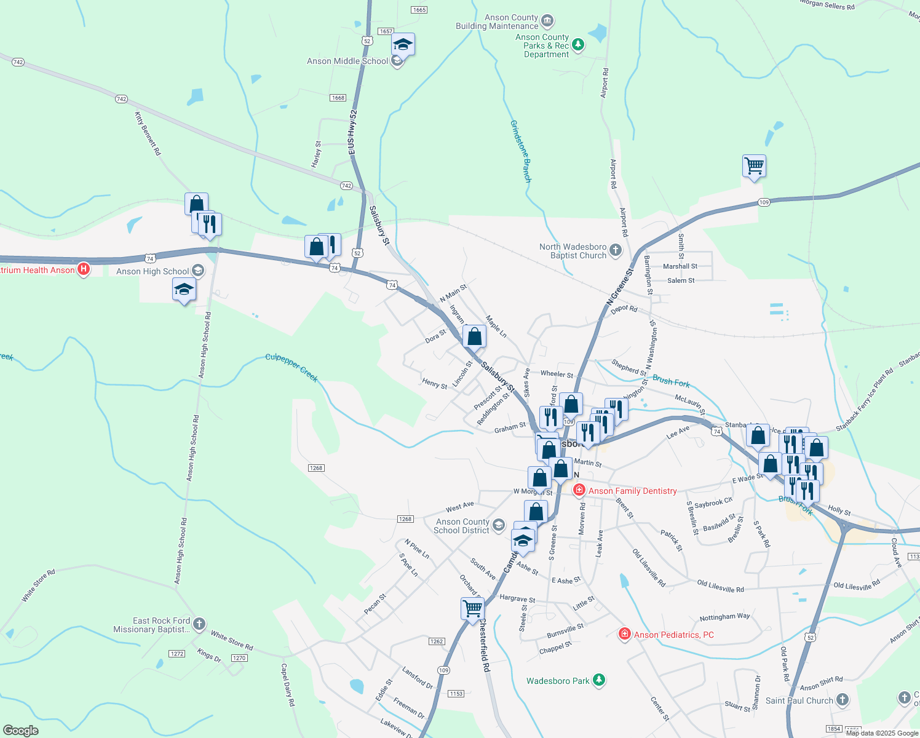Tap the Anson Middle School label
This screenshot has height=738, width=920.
(x=347, y=61)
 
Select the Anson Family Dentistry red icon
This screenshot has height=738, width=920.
(x=579, y=490)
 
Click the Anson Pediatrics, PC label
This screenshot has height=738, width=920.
(x=674, y=635)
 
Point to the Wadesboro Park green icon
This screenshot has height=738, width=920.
(x=600, y=680)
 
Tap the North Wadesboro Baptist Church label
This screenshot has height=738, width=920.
(x=573, y=251)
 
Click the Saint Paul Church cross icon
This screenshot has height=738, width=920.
(x=843, y=700)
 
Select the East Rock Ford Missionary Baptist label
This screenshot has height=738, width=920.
(x=152, y=625)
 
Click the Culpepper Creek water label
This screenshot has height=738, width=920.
(x=291, y=367)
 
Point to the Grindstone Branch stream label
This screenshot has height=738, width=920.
(x=520, y=151)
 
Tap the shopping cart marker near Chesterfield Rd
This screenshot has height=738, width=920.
(x=472, y=608)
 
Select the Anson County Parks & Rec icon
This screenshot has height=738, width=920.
(x=577, y=44)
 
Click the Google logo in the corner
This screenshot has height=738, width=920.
(x=21, y=731)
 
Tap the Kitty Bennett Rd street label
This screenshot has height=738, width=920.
(x=148, y=133)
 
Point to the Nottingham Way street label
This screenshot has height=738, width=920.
(x=724, y=617)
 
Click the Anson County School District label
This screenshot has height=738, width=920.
(x=462, y=526)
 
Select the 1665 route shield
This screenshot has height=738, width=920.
(x=419, y=10)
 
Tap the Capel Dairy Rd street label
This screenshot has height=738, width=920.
(x=287, y=684)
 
